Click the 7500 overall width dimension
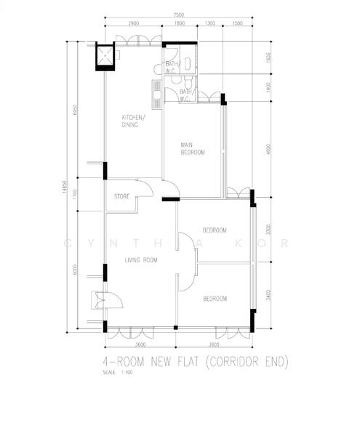pos(178,14)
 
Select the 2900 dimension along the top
pos(133,23)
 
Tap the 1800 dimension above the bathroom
pos(180,23)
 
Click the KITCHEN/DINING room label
pos(133,121)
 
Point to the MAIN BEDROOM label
pos(193,149)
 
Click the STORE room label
pos(122,197)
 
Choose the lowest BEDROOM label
pos(215,299)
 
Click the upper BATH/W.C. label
pos(172,68)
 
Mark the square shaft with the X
pos(106,57)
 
